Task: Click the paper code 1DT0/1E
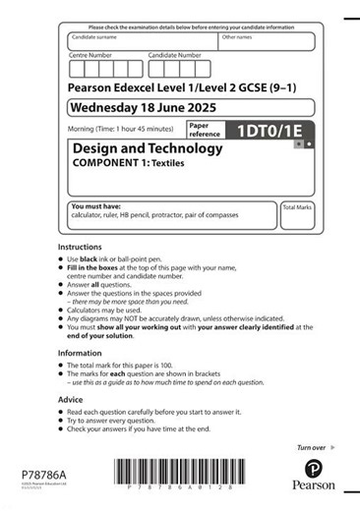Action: pos(271,129)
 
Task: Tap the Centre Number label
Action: pos(90,56)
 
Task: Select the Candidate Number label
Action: pos(174,56)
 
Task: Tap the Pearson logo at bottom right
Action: pos(313,475)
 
